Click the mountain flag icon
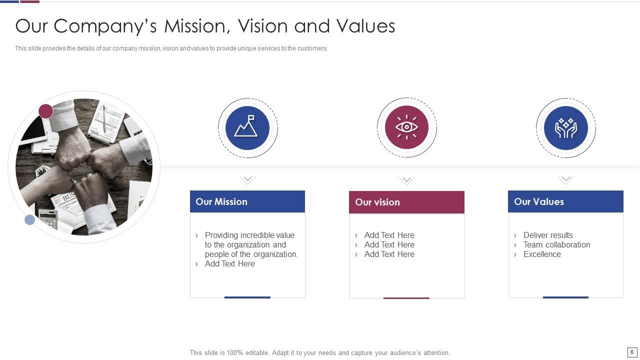pyautogui.click(x=247, y=127)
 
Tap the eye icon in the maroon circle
pyautogui.click(x=406, y=127)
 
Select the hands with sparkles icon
pyautogui.click(x=565, y=128)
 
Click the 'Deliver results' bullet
pyautogui.click(x=548, y=235)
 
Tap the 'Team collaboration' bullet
pyautogui.click(x=556, y=244)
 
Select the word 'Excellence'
pyautogui.click(x=542, y=254)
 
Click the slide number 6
pyautogui.click(x=632, y=352)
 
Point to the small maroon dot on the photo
pyautogui.click(x=46, y=111)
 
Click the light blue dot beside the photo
pyautogui.click(x=30, y=219)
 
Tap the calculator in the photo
pyautogui.click(x=48, y=218)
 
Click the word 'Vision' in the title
pyautogui.click(x=262, y=26)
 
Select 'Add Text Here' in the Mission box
pyautogui.click(x=229, y=263)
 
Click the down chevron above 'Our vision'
pyautogui.click(x=406, y=180)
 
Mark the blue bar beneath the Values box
pyautogui.click(x=565, y=297)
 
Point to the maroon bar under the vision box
pyautogui.click(x=406, y=298)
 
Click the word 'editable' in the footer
pyautogui.click(x=255, y=352)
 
